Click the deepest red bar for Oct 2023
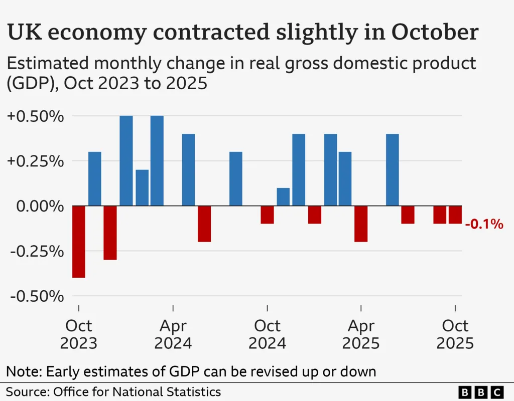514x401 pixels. tap(79, 242)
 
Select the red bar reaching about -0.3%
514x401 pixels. tap(110, 233)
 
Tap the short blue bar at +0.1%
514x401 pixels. tap(283, 196)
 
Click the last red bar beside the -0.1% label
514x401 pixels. tap(455, 215)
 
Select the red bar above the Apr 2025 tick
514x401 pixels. tap(361, 224)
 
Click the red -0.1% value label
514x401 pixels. tap(484, 224)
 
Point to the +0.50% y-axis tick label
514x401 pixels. tap(36, 116)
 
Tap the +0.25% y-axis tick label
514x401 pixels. tap(36, 161)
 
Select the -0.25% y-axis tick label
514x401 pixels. tap(37, 251)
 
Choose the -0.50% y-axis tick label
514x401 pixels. tap(37, 296)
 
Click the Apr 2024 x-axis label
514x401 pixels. tap(173, 334)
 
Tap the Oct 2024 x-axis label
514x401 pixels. tap(267, 334)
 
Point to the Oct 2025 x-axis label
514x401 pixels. tap(455, 334)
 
